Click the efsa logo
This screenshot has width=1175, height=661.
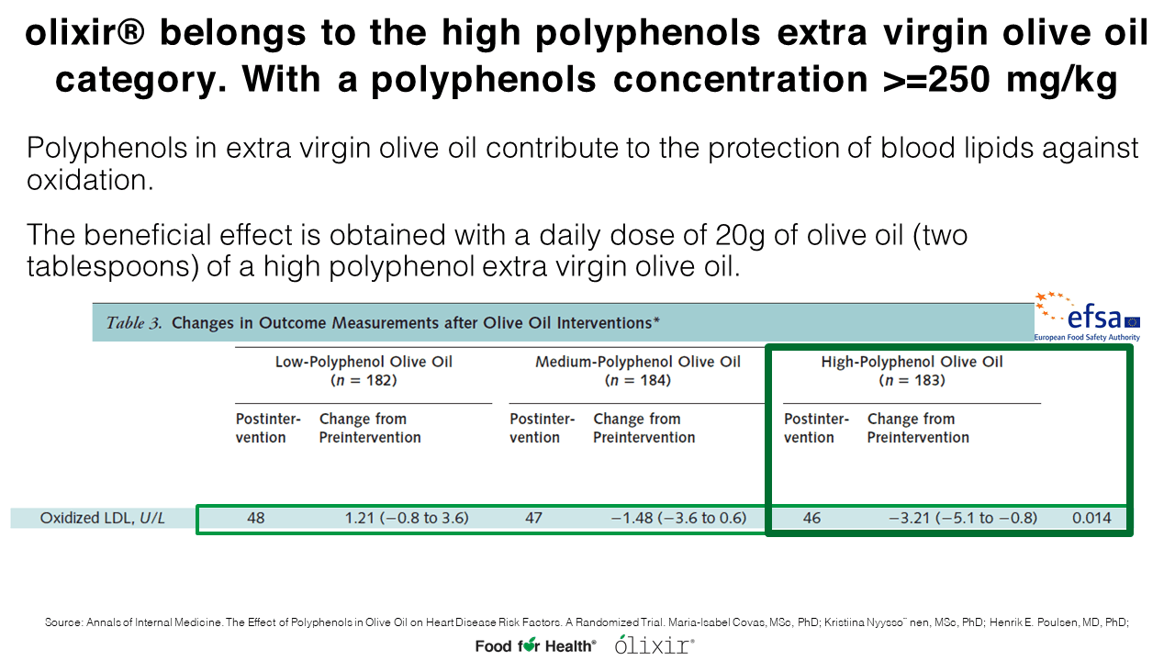[1087, 317]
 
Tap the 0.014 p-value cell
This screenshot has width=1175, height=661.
[1091, 519]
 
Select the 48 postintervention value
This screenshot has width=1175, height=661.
[256, 519]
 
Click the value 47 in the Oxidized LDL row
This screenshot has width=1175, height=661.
[533, 519]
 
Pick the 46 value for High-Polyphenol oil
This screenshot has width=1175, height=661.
[811, 519]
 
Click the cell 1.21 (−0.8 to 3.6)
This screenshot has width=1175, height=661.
[407, 519]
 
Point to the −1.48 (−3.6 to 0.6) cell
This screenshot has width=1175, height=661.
[678, 519]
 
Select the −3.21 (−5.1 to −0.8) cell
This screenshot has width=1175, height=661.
[963, 519]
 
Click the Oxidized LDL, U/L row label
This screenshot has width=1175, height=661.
[102, 519]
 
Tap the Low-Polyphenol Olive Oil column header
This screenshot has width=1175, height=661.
[364, 362]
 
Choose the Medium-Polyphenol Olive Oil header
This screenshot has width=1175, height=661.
[638, 362]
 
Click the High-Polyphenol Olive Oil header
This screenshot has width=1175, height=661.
[912, 362]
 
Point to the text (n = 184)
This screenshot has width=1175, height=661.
[638, 380]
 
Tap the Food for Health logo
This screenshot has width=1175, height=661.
[535, 645]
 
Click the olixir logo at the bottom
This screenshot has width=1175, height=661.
[655, 644]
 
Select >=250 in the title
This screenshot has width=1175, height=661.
[935, 80]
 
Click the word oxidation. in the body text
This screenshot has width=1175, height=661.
[90, 181]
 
